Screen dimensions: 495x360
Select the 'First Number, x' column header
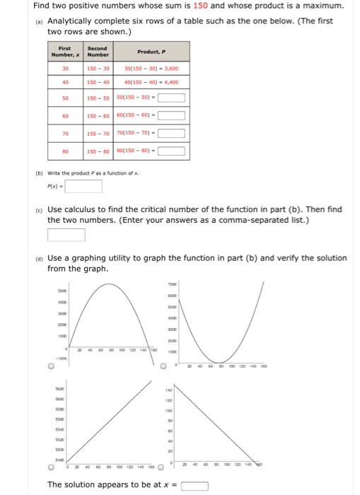click(65, 52)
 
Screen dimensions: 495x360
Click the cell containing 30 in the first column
click(65, 69)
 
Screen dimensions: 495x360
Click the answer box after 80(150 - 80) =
click(171, 150)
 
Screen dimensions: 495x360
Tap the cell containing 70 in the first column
click(65, 133)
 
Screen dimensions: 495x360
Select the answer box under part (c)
click(66, 234)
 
